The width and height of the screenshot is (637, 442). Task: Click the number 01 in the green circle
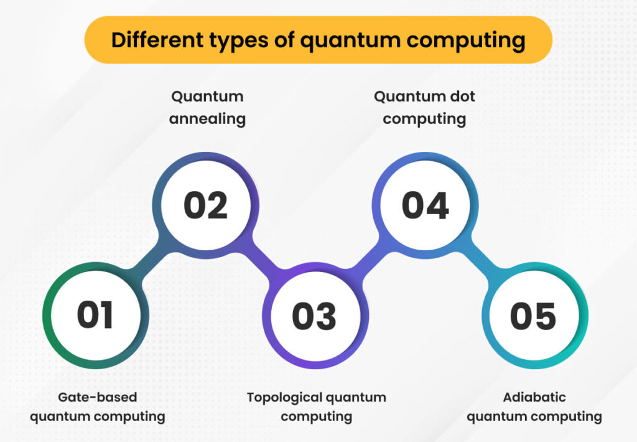coord(95,315)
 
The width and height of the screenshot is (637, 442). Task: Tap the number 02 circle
coord(206,205)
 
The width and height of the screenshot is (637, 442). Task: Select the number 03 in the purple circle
coord(314,316)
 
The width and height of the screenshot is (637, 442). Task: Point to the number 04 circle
coord(425,205)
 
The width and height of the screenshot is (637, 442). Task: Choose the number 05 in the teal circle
coord(533,316)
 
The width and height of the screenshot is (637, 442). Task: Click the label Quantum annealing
coord(207,108)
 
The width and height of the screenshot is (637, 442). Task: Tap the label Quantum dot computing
coord(424,108)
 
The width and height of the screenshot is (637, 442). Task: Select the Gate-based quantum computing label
coord(98,407)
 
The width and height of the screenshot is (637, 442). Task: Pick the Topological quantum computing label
coord(316,407)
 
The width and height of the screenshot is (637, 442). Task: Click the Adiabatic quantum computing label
coord(534,407)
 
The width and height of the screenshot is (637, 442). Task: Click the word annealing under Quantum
coord(207,118)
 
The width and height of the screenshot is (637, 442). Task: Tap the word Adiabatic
coord(534,397)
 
